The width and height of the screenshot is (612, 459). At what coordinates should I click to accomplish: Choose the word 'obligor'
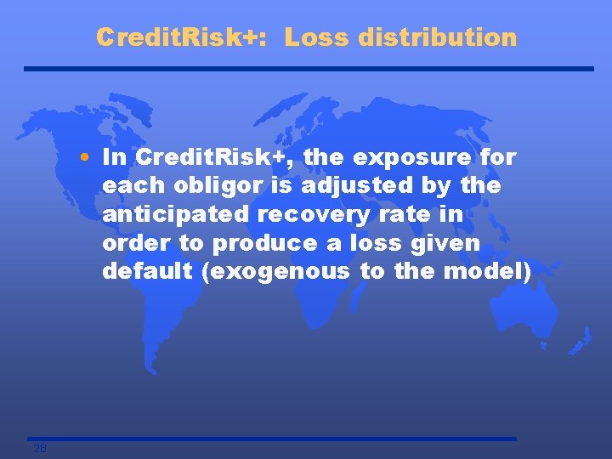coord(204,185)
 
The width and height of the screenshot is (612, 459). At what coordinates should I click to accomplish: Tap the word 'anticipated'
coord(174,214)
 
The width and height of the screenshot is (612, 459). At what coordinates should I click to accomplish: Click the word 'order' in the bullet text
coord(132,243)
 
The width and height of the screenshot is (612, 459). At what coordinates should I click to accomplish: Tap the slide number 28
coord(40,448)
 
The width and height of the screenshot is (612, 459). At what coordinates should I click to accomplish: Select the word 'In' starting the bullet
coord(112,157)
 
